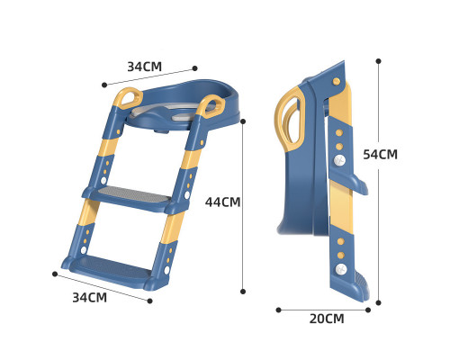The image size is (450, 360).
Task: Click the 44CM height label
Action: pyautogui.click(x=222, y=202)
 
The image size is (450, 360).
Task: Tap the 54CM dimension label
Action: pyautogui.click(x=380, y=154)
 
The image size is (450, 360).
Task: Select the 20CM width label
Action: pyautogui.click(x=327, y=319)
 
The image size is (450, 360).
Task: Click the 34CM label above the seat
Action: pyautogui.click(x=145, y=67)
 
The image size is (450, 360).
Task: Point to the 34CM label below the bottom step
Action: pyautogui.click(x=90, y=297)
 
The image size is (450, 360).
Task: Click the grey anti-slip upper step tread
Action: pyautogui.click(x=134, y=194)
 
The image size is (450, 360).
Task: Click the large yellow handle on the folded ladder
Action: pyautogui.click(x=289, y=120)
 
